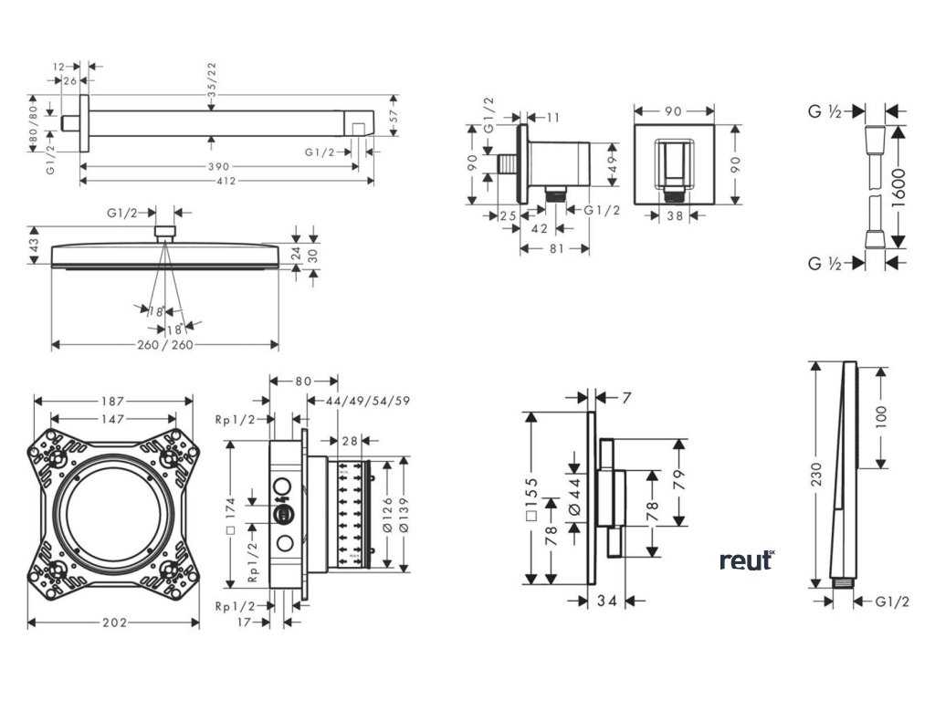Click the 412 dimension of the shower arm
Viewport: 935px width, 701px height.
pyautogui.click(x=226, y=181)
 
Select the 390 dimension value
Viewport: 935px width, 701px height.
pyautogui.click(x=218, y=166)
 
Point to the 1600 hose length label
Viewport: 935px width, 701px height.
pyautogui.click(x=898, y=187)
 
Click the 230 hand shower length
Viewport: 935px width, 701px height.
pyautogui.click(x=816, y=475)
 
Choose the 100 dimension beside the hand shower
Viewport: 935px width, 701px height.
pyautogui.click(x=880, y=416)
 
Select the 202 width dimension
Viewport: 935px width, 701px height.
pyautogui.click(x=114, y=622)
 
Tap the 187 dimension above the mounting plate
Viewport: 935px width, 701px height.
pyautogui.click(x=113, y=400)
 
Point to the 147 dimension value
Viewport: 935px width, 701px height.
pyautogui.click(x=113, y=419)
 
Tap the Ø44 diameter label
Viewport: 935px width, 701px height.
pyautogui.click(x=574, y=498)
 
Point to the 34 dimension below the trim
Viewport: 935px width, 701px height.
pyautogui.click(x=608, y=601)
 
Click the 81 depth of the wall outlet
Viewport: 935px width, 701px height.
pyautogui.click(x=554, y=247)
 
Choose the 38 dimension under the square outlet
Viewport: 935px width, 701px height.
pyautogui.click(x=675, y=217)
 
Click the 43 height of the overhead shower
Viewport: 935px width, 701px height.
pyautogui.click(x=36, y=246)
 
